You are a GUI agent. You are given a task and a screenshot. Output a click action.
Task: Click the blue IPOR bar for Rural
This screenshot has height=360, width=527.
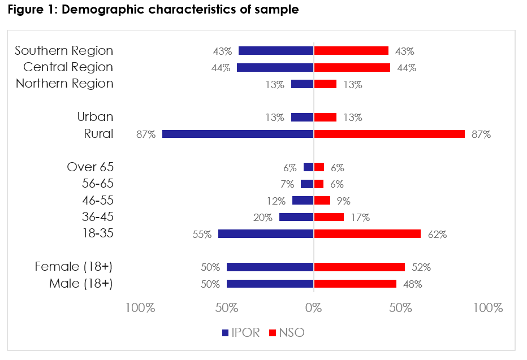(237, 134)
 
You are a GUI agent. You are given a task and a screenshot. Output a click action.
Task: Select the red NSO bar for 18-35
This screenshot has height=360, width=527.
(367, 233)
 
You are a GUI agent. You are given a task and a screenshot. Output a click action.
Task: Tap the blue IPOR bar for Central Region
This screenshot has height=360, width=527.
(275, 68)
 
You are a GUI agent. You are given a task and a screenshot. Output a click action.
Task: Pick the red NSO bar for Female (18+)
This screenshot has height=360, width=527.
(359, 267)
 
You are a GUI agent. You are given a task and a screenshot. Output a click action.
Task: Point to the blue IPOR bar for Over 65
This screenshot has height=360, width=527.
(309, 167)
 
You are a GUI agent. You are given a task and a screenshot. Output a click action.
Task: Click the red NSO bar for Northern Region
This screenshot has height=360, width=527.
(325, 84)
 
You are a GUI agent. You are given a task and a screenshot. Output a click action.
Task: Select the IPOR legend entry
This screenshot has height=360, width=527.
(241, 332)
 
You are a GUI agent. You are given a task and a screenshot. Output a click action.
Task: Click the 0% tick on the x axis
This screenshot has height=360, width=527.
(313, 308)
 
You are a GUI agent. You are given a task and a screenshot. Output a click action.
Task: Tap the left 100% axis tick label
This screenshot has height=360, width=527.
(140, 308)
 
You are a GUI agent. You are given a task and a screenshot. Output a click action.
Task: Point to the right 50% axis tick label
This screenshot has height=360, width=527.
(400, 308)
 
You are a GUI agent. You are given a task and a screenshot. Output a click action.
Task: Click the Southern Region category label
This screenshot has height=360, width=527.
(64, 51)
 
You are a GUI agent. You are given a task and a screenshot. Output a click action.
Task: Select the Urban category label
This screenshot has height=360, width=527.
(95, 117)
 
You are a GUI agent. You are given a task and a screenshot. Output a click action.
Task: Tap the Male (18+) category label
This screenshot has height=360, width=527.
(81, 283)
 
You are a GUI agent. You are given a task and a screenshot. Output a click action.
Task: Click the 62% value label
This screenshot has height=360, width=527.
(437, 234)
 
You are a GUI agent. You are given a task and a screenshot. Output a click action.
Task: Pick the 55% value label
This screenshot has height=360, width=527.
(202, 234)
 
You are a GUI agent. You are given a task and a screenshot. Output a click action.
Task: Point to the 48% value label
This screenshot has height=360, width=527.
(413, 284)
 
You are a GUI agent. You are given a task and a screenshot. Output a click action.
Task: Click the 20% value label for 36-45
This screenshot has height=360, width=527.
(263, 217)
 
